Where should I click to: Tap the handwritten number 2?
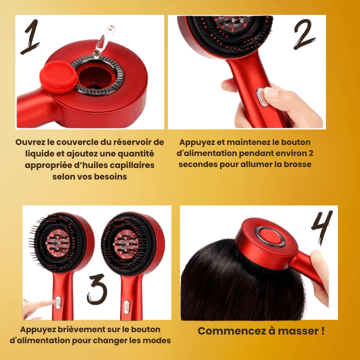pyautogui.click(x=304, y=35)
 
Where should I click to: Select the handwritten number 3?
pyautogui.click(x=97, y=289)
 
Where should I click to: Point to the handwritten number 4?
pyautogui.click(x=322, y=228)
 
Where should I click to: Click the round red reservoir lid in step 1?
pyautogui.click(x=59, y=77)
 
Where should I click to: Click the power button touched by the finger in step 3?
pyautogui.click(x=59, y=302)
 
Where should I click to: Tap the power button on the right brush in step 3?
pyautogui.click(x=126, y=307)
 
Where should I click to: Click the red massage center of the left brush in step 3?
pyautogui.click(x=58, y=243)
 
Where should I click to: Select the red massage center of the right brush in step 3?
pyautogui.click(x=126, y=244)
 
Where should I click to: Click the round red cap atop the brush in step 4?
pyautogui.click(x=271, y=237)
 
